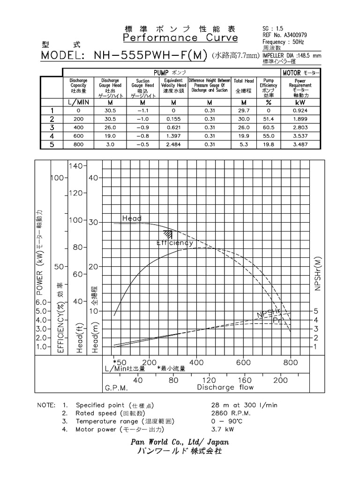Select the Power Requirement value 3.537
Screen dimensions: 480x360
point(300,136)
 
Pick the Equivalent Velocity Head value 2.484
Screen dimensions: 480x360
point(173,144)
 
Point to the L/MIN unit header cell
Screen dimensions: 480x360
point(78,102)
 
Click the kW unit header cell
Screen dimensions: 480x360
point(300,102)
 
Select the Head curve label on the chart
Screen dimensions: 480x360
point(132,218)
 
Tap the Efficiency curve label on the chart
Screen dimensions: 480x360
point(174,243)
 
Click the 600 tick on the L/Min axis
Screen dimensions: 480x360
point(244,362)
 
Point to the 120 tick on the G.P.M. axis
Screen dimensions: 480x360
point(209,380)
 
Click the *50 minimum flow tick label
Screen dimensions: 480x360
point(120,362)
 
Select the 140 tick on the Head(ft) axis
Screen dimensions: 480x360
point(75,166)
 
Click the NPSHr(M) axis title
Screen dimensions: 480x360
point(318,274)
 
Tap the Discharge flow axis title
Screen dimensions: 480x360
point(225,388)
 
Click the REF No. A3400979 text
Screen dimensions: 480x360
point(286,35)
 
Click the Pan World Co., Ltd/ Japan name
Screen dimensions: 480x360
point(180,442)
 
